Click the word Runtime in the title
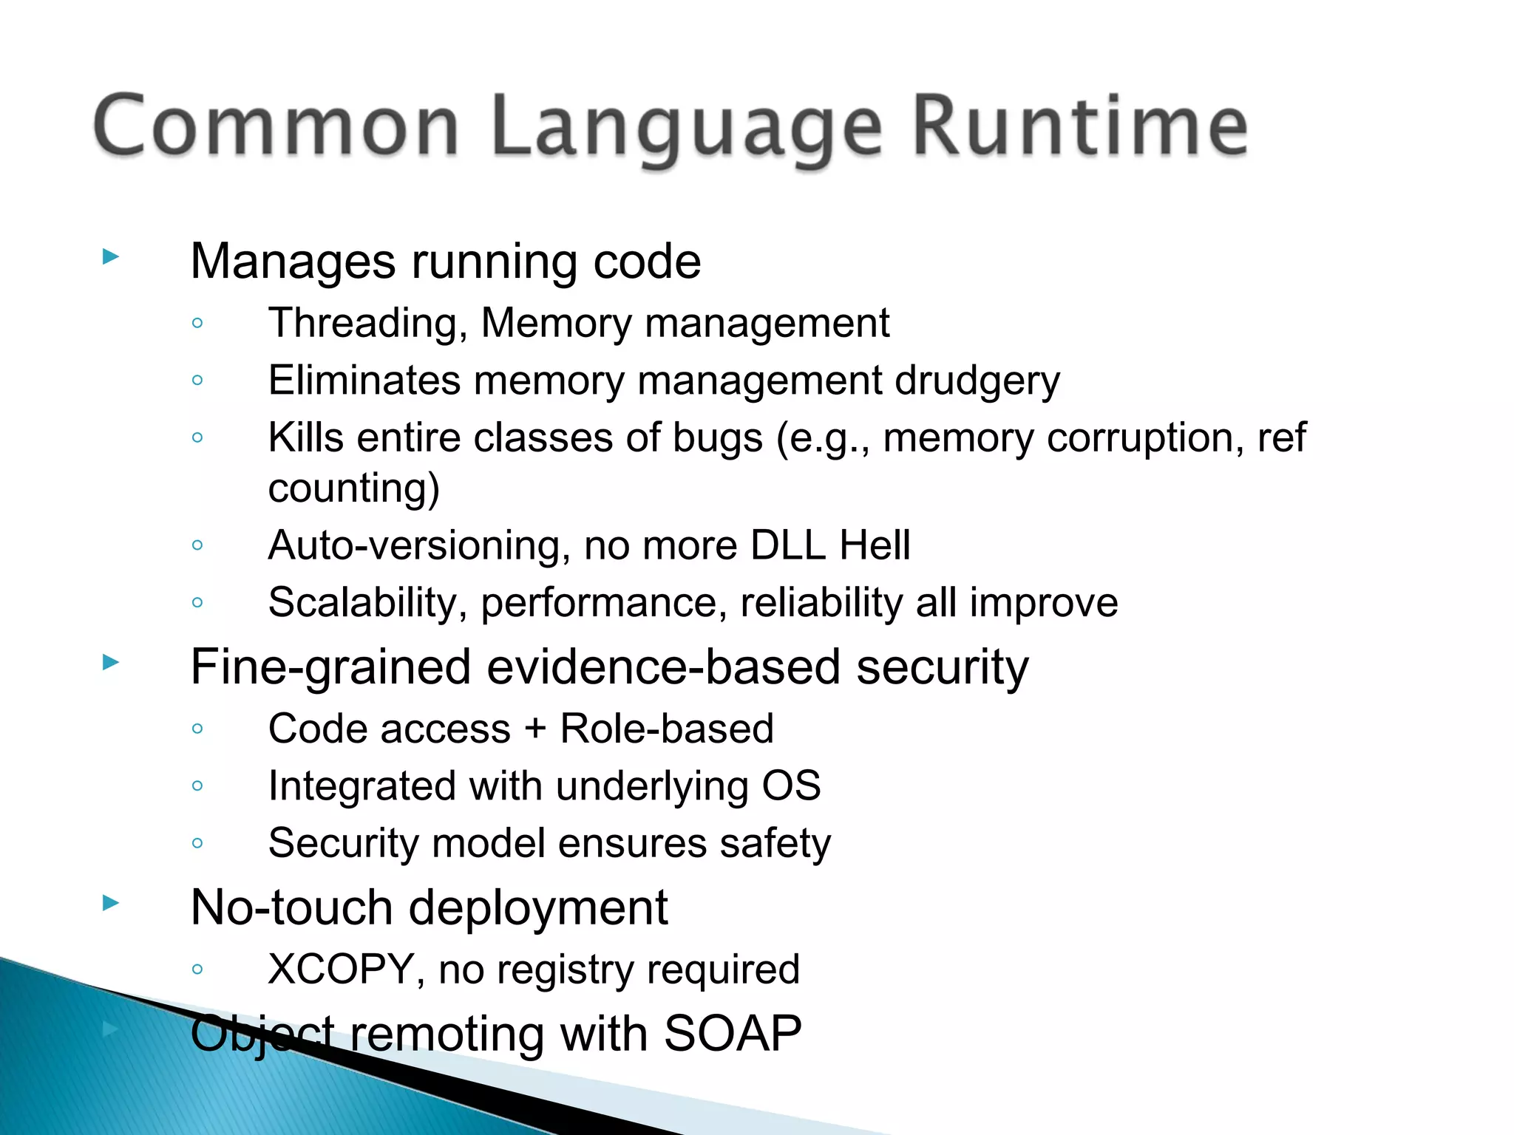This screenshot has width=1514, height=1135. [x=1080, y=126]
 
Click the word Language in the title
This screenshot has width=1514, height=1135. [x=687, y=129]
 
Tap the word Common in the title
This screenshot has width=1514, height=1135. [x=276, y=126]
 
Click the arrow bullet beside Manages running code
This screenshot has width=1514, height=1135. [x=111, y=257]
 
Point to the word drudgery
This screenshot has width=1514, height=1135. [x=977, y=381]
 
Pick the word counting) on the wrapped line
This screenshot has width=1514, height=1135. [x=353, y=489]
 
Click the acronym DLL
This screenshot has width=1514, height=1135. [x=787, y=545]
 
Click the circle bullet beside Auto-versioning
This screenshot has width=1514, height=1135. [x=197, y=545]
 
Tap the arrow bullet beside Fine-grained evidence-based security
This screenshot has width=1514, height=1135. [x=111, y=661]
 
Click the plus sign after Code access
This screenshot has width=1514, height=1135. [x=535, y=729]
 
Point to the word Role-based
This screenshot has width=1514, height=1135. [x=667, y=729]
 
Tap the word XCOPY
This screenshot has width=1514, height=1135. [x=341, y=969]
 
